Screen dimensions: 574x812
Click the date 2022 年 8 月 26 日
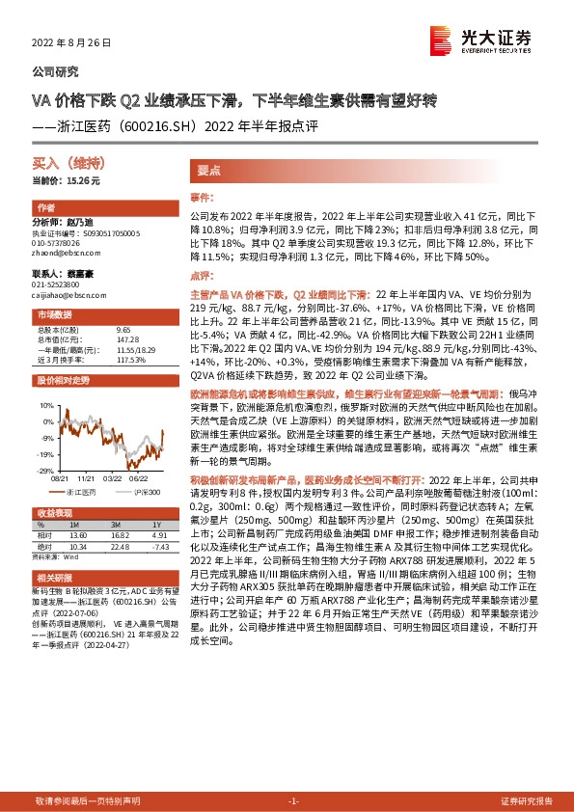[71, 44]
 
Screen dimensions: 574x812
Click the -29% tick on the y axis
[46, 471]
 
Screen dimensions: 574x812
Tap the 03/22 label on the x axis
[114, 477]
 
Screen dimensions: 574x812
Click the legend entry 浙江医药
[85, 492]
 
